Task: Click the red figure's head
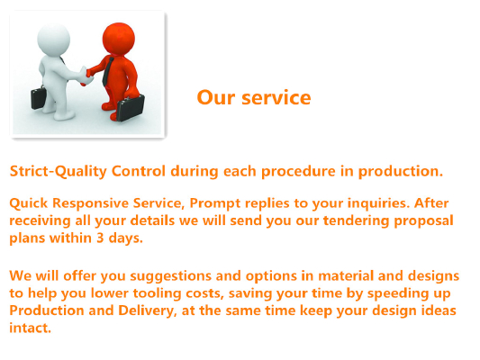[x=119, y=39]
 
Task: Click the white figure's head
[x=53, y=40]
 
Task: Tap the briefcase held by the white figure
[x=39, y=97]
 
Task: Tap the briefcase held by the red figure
[x=131, y=108]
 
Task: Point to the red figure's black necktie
[x=107, y=72]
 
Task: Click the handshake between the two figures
[x=86, y=76]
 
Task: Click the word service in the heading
[x=276, y=97]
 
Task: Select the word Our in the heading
[x=216, y=97]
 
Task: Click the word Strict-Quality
[x=59, y=171]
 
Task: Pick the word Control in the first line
[x=139, y=171]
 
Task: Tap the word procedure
[x=298, y=172]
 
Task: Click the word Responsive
[x=90, y=203]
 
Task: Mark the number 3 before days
[x=100, y=238]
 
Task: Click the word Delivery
[x=148, y=310]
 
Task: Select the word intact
[x=30, y=328]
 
